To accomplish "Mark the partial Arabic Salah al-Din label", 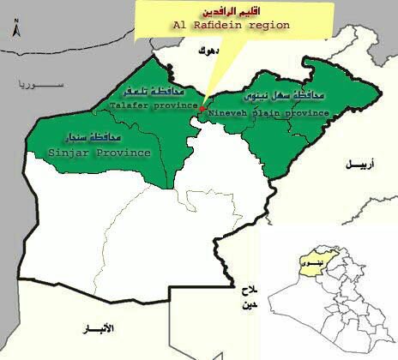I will pos(249,298).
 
